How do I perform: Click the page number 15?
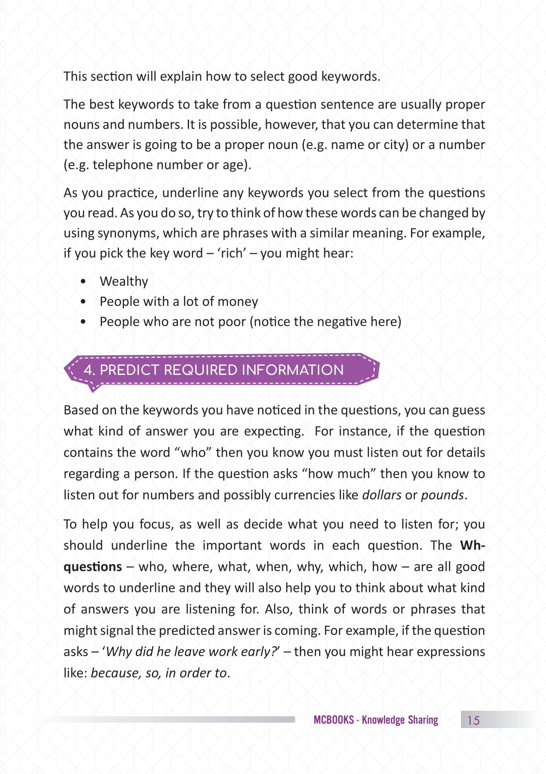point(473,720)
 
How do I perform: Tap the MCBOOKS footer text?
point(334,720)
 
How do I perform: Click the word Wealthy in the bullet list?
point(124,281)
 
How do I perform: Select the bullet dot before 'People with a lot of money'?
point(83,301)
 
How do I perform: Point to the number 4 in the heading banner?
point(88,370)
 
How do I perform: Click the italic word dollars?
point(382,495)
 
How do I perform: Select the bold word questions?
point(93,567)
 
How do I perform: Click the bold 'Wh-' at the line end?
point(472,545)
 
